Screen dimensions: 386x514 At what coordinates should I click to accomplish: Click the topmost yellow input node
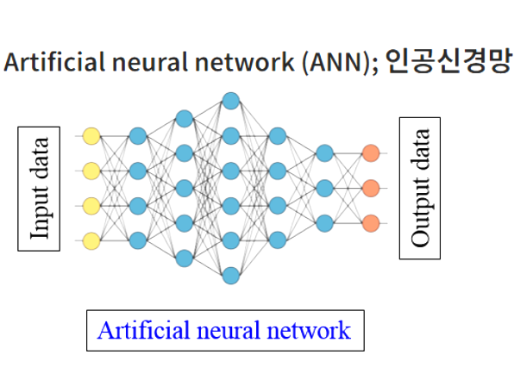point(91,135)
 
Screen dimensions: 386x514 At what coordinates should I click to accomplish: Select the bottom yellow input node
point(91,240)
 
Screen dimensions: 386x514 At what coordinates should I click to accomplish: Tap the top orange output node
point(371,153)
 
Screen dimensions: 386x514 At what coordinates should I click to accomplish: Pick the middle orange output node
point(371,188)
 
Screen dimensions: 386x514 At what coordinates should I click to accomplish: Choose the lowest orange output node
point(371,223)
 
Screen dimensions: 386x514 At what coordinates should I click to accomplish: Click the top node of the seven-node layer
point(230,101)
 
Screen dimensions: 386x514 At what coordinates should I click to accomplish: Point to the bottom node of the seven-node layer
point(230,276)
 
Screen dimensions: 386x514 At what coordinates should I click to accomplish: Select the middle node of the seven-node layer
point(230,188)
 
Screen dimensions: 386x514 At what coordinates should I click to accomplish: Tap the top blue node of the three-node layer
point(324,153)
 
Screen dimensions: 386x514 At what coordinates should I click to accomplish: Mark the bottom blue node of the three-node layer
point(324,223)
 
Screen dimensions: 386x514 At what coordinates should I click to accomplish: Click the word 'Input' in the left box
point(40,213)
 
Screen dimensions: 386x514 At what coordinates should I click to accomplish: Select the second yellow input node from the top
point(91,170)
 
